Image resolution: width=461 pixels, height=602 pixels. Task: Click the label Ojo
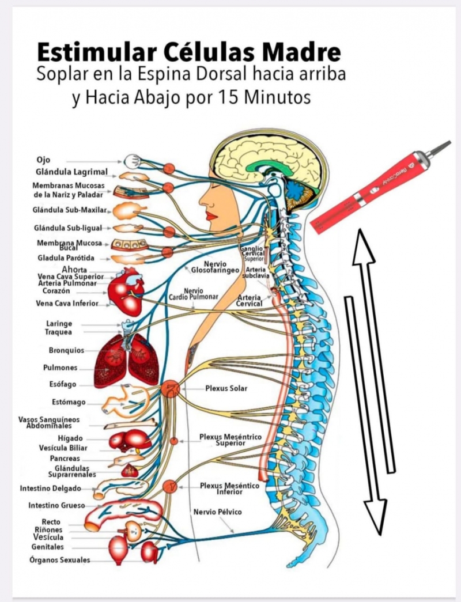tap(43, 160)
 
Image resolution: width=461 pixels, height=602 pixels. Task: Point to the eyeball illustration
tap(132, 161)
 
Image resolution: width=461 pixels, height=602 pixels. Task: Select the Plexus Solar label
tap(226, 388)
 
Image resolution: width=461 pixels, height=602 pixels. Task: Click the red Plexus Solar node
tap(171, 389)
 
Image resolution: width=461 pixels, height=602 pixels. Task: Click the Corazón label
tap(56, 291)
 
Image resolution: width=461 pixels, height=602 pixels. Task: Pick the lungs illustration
tap(126, 361)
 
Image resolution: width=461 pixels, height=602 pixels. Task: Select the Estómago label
tap(69, 402)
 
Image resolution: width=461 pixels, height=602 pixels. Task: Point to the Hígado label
tap(70, 438)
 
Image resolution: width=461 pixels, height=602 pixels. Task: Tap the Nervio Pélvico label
tap(217, 512)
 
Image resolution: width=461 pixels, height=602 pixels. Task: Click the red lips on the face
tap(210, 216)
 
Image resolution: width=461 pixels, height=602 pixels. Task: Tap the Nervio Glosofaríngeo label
tap(216, 267)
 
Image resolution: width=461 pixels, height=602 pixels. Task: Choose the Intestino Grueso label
tap(56, 506)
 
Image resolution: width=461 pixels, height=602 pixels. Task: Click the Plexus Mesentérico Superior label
tap(231, 440)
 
